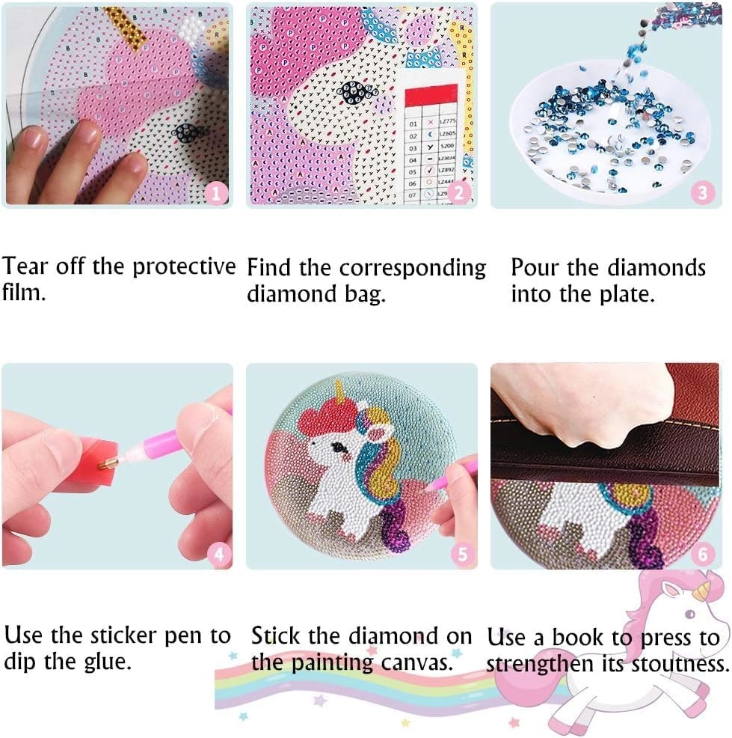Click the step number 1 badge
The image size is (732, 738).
click(217, 193)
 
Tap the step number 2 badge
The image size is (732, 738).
click(459, 193)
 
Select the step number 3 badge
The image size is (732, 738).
click(701, 193)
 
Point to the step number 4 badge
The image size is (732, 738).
click(218, 555)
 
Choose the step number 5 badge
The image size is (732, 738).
click(461, 555)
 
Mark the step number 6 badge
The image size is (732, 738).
click(703, 555)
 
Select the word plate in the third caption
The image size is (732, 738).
click(630, 294)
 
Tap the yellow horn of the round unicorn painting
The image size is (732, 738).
click(342, 393)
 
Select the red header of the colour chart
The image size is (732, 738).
click(429, 96)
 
